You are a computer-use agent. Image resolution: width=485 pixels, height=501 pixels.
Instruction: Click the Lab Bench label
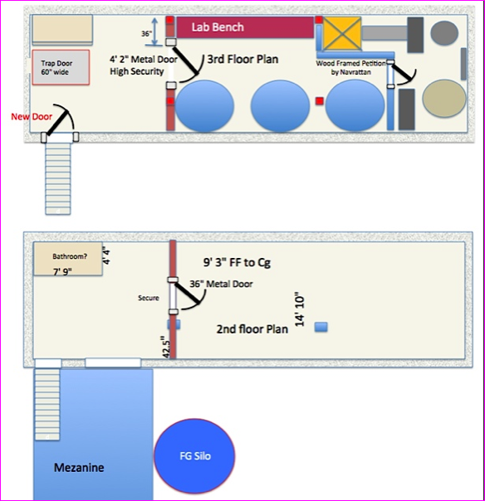tap(218, 27)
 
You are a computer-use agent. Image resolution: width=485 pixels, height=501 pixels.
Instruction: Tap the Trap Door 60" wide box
tap(61, 67)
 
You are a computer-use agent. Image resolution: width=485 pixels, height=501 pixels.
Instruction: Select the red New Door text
tap(32, 117)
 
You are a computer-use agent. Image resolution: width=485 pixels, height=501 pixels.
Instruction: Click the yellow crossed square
tap(342, 33)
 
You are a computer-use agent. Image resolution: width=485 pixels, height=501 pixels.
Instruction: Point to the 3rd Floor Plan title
tap(242, 59)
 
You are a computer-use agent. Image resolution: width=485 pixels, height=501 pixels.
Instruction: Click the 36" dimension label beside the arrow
tap(146, 33)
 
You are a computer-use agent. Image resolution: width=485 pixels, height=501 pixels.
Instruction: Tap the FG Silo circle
tap(195, 456)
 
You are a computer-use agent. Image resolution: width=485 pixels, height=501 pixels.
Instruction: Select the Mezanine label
tap(79, 468)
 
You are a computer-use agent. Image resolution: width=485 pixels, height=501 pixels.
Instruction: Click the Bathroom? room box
tap(68, 259)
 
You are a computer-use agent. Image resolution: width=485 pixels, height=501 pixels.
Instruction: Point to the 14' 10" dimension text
tap(300, 309)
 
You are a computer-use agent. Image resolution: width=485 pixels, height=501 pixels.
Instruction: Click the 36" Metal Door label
tap(221, 284)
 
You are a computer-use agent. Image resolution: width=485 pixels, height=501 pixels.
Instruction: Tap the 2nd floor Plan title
tap(252, 329)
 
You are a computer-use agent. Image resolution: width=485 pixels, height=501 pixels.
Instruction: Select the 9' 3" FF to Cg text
tap(237, 262)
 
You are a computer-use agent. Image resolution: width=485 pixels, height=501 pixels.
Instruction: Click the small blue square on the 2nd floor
tap(321, 327)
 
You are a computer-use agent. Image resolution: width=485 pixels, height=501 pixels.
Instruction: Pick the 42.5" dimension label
tap(166, 347)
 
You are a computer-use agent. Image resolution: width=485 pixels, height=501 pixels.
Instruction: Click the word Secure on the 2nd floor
tap(149, 298)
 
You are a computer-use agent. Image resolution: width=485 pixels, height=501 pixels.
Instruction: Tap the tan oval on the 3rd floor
tap(444, 99)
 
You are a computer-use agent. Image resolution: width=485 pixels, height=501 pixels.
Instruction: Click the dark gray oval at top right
tap(444, 33)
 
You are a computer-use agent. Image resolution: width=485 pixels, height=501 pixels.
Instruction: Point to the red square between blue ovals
tap(319, 101)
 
